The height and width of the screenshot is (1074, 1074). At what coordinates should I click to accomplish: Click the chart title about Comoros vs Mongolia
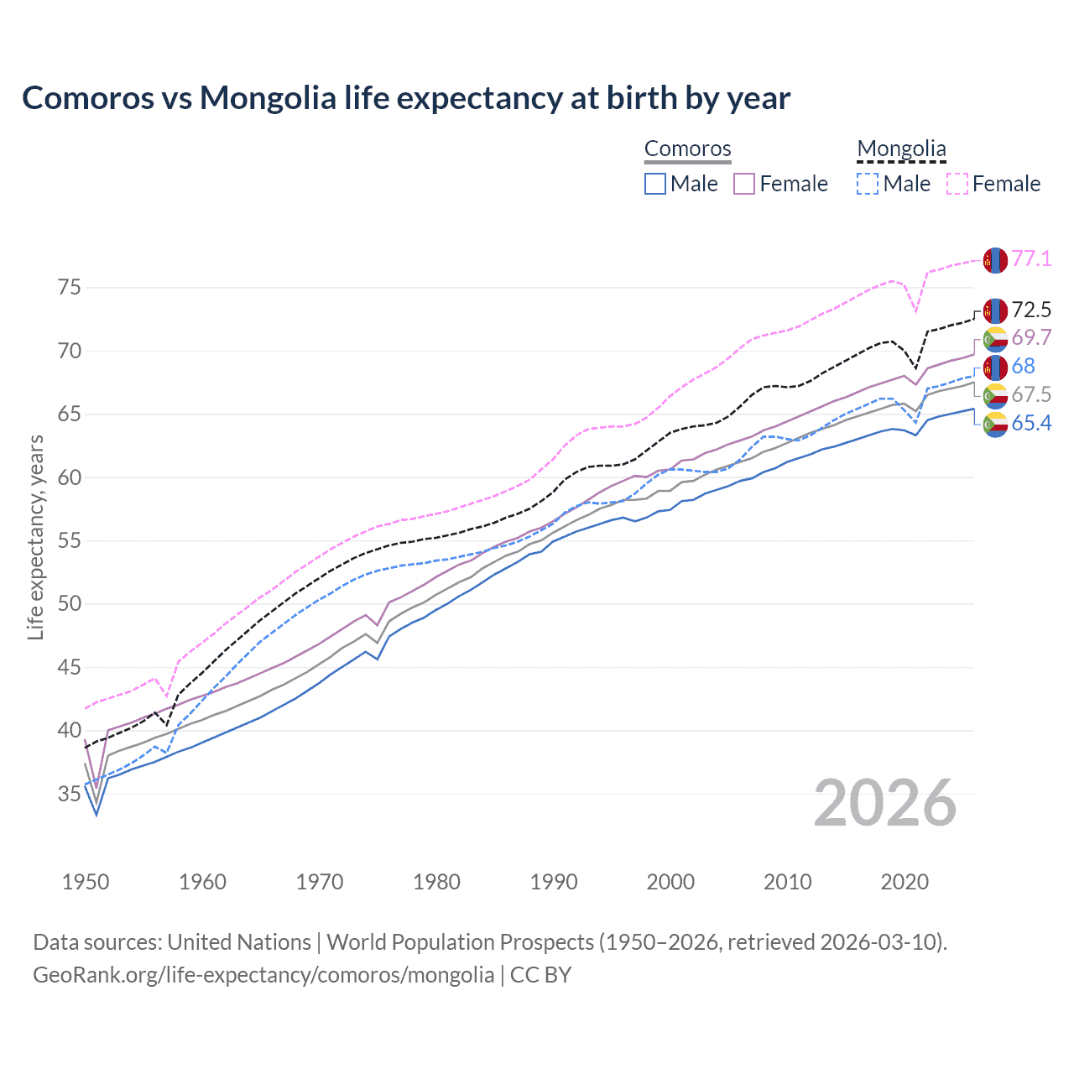[406, 98]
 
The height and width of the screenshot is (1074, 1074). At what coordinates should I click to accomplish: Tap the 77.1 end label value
[1031, 258]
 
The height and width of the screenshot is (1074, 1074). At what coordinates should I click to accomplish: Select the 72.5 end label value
[1031, 310]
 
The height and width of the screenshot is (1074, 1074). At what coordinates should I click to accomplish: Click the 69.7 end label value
[1031, 337]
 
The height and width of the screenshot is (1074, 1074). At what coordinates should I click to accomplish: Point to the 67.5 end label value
[1031, 394]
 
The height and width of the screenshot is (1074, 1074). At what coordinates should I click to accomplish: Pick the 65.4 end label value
[1031, 423]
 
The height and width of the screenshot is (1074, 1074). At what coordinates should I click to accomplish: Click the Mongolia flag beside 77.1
[995, 260]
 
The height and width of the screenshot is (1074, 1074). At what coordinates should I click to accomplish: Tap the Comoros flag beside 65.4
[995, 424]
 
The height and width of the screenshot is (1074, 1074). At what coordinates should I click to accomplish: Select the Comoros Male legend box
[655, 184]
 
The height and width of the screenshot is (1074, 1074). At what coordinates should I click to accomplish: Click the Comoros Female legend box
[744, 184]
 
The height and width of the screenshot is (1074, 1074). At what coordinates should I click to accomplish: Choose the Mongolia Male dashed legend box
[868, 184]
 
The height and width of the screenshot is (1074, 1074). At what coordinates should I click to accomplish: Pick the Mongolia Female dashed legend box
[957, 184]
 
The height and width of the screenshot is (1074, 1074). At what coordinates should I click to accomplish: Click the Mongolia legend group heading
[901, 149]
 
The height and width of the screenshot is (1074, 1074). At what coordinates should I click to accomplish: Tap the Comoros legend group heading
[688, 149]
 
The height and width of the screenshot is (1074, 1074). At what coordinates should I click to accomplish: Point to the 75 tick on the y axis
[70, 288]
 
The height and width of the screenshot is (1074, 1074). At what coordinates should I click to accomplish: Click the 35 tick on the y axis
[70, 794]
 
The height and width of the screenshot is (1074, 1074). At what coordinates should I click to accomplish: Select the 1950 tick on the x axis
[86, 882]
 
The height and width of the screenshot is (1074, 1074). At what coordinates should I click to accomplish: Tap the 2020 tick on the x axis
[905, 882]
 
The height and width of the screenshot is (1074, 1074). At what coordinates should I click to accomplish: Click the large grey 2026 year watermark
[885, 803]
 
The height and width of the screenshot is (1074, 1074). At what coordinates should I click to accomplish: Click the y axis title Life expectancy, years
[36, 537]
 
